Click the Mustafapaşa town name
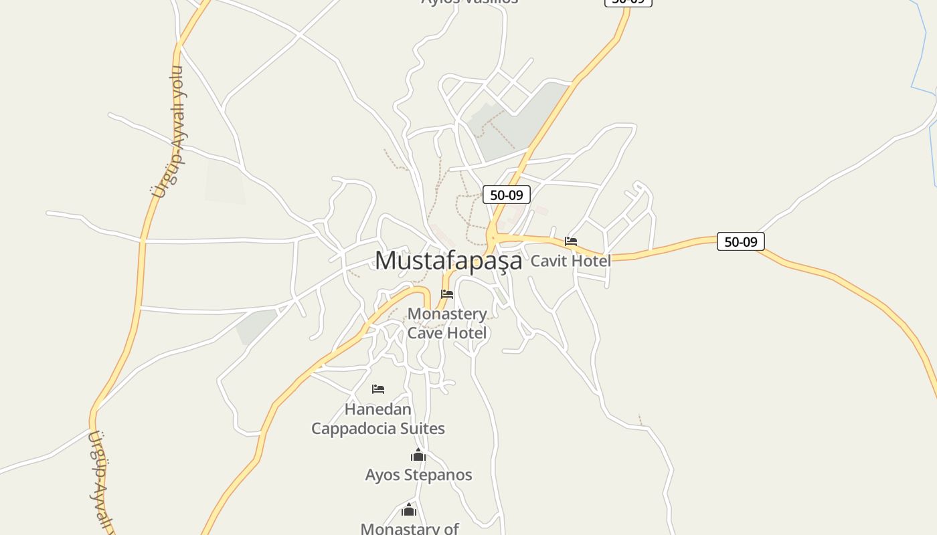tap(448, 260)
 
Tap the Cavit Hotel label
tap(570, 261)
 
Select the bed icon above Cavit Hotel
tap(571, 241)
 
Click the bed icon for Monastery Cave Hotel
tap(447, 294)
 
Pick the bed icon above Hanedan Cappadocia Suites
tap(378, 389)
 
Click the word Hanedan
tap(378, 409)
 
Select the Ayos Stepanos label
tap(418, 475)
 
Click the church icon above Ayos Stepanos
tap(418, 456)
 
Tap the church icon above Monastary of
tap(409, 510)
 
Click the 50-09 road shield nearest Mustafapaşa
tap(506, 195)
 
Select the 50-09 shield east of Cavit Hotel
tap(740, 241)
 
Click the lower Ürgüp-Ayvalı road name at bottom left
tap(100, 481)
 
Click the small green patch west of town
tap(256, 326)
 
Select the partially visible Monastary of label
tap(409, 528)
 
